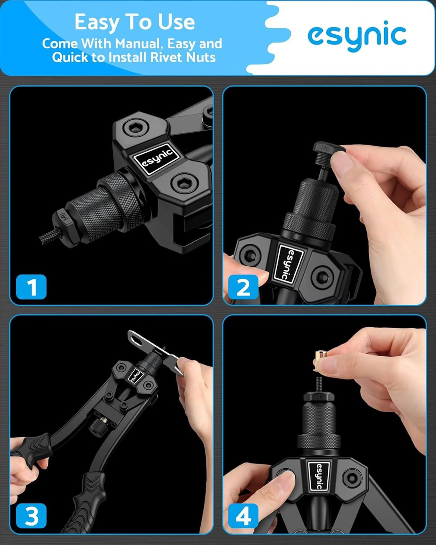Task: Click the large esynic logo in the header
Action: point(357,36)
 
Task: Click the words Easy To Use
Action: point(135,22)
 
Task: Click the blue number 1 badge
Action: point(31,287)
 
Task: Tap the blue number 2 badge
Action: point(243,287)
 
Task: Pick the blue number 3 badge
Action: point(31,516)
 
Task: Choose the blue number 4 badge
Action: point(243,516)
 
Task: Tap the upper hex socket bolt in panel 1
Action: point(136,128)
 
